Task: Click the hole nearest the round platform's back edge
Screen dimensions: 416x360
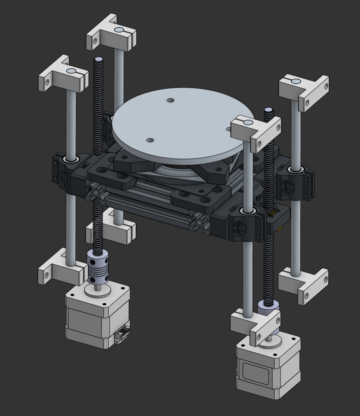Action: point(170,101)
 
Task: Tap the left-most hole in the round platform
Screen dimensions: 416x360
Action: point(150,140)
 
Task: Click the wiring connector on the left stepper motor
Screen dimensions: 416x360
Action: point(123,333)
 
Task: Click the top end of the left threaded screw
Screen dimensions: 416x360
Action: point(98,60)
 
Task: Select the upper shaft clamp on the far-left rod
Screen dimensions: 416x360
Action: point(64,77)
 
